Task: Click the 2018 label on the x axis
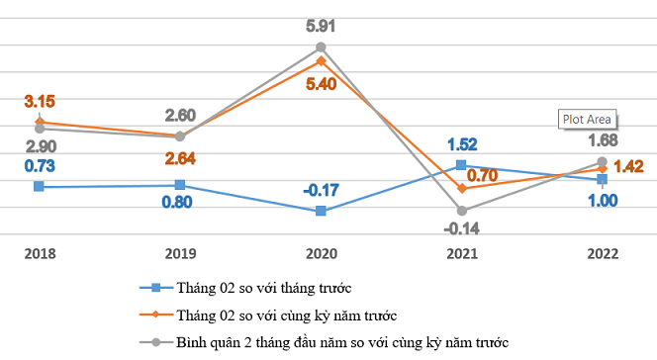tap(40, 252)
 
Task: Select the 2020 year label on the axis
tap(321, 252)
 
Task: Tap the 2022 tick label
tap(602, 252)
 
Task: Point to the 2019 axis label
tap(180, 252)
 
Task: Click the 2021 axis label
tap(461, 252)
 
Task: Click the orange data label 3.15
tap(41, 101)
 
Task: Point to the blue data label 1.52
tap(462, 143)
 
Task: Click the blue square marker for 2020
tap(321, 211)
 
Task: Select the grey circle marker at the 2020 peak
tap(321, 46)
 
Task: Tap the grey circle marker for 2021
tap(461, 210)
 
